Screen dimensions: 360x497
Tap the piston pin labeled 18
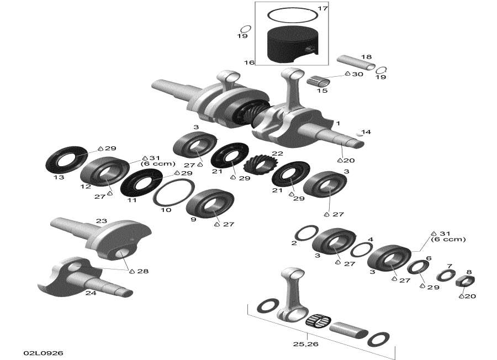(356, 64)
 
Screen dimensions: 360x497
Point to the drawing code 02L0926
(39, 352)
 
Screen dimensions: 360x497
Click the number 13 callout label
(59, 177)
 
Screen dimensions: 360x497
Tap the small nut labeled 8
(466, 282)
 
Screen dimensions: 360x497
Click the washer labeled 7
(446, 274)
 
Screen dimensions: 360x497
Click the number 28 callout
(143, 271)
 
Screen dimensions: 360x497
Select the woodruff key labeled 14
(360, 133)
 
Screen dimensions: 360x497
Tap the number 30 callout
(358, 73)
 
